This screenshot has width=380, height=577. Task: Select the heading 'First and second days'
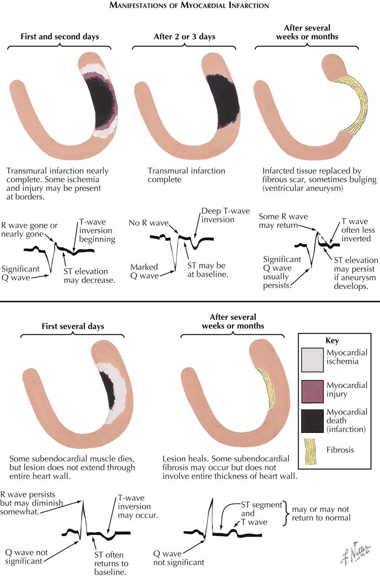[x=60, y=36]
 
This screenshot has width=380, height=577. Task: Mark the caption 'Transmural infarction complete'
[x=187, y=175]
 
